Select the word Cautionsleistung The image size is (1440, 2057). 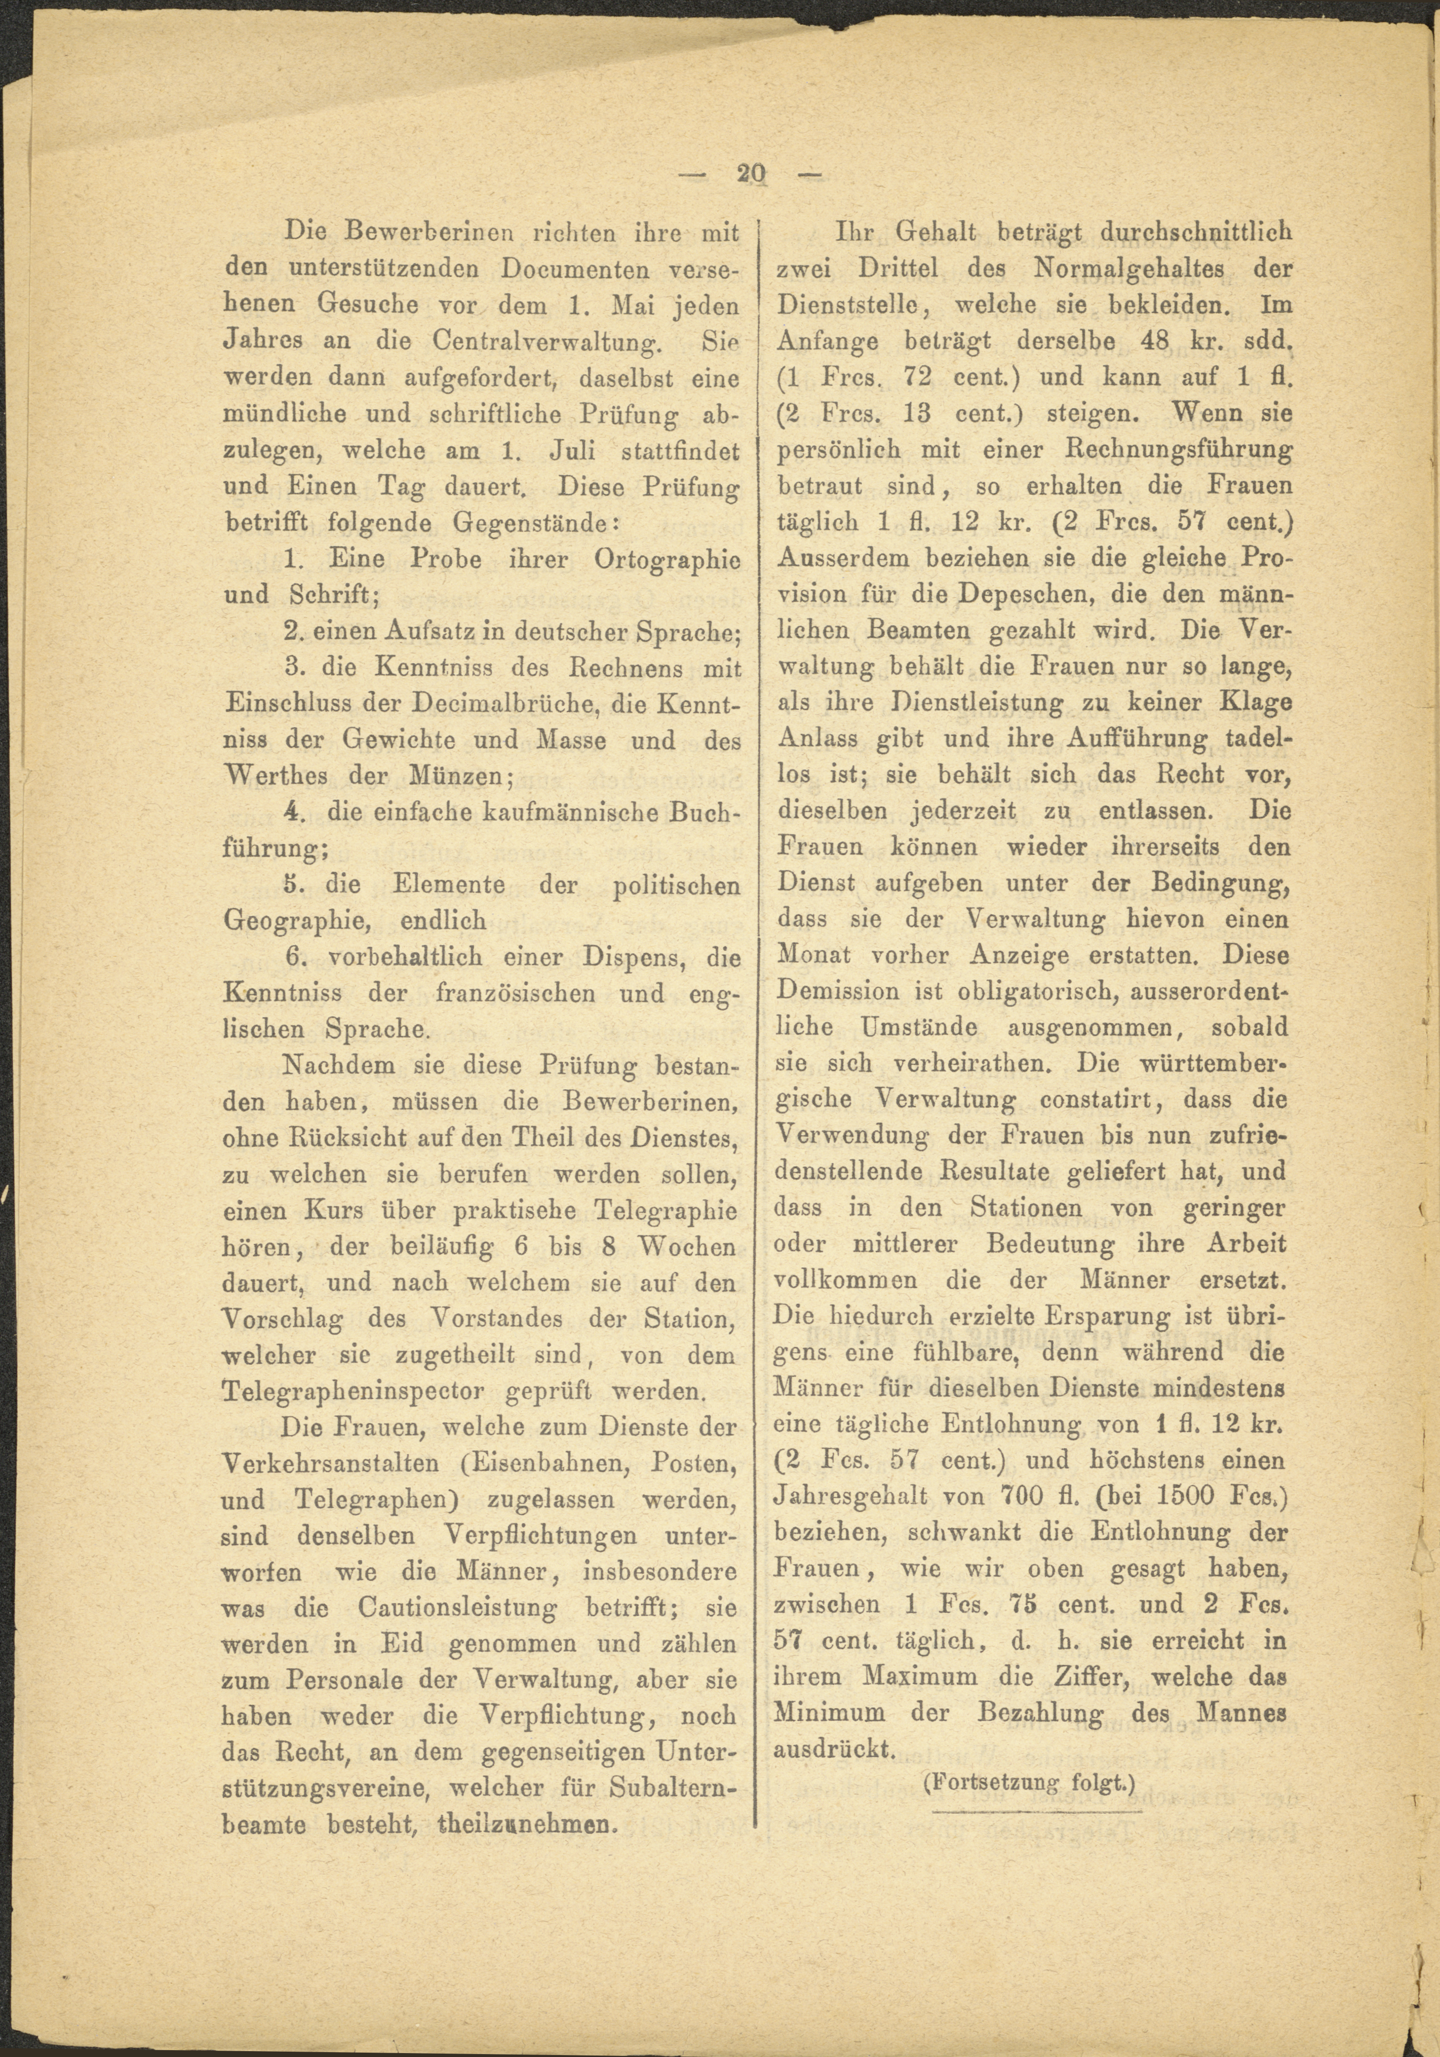coord(457,1608)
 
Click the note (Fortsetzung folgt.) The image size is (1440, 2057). coord(1029,1783)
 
